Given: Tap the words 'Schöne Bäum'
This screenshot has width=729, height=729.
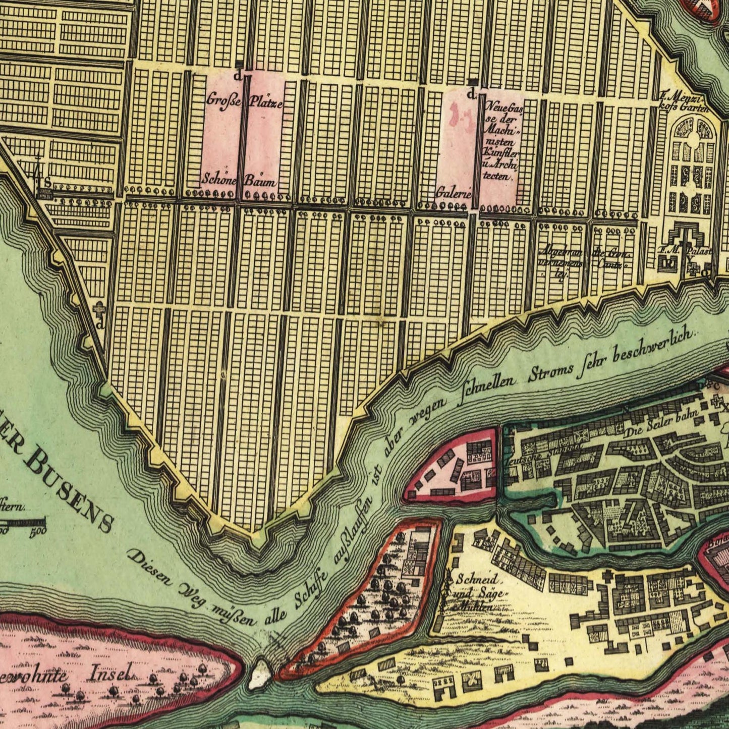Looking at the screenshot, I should [x=240, y=179].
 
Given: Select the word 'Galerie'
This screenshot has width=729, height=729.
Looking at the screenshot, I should [x=454, y=193].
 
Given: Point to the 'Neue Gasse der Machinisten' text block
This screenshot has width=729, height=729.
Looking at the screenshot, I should [x=501, y=141].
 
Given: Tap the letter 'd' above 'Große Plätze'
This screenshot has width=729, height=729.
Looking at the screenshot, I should [x=237, y=76].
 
